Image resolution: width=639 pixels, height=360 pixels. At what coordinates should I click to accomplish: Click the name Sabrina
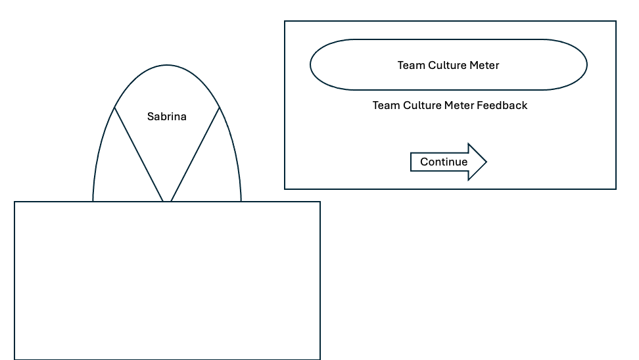point(166,117)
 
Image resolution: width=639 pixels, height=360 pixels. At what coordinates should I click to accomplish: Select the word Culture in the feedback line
point(421,105)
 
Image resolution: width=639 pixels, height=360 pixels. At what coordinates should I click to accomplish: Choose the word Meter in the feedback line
point(458,105)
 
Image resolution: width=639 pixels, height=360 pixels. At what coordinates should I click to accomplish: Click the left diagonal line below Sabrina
point(139,154)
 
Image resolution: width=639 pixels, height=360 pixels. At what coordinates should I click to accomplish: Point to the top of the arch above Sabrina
point(167,64)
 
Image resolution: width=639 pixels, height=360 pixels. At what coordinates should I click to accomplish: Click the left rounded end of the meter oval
point(312,64)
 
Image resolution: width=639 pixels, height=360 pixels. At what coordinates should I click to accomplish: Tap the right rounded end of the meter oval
point(586,64)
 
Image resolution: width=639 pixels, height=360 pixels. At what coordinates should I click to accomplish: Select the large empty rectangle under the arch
point(167,280)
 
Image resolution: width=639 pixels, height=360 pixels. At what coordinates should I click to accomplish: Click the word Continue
point(444,162)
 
